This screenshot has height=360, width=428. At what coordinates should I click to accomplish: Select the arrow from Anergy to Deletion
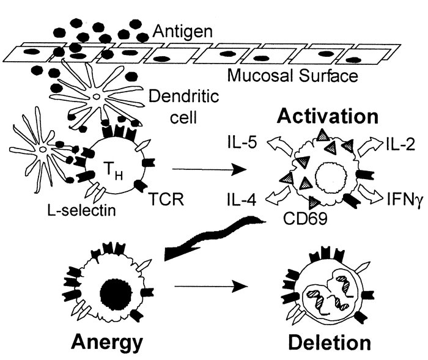pos(211,285)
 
